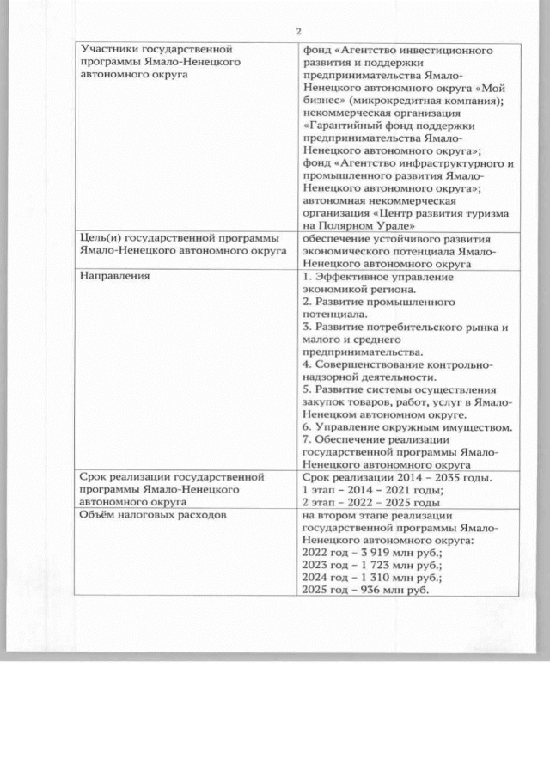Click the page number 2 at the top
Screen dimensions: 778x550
(x=298, y=32)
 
